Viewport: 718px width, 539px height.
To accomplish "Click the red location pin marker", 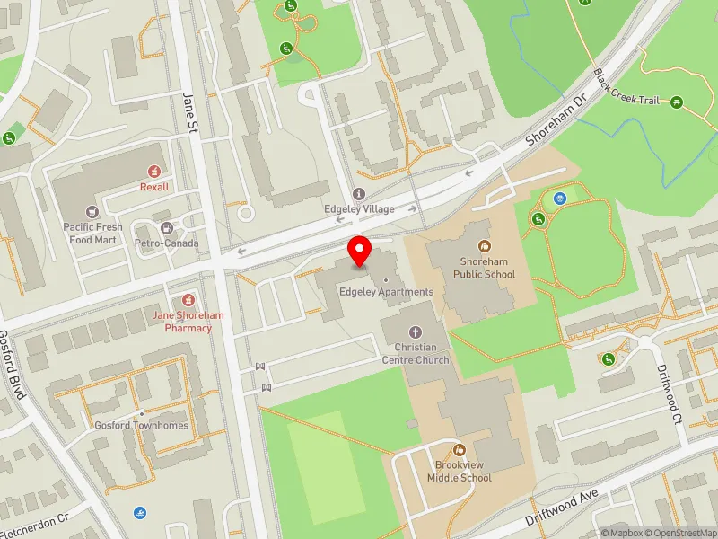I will click(x=360, y=252).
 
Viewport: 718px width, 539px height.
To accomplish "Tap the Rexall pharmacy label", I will click(x=153, y=187).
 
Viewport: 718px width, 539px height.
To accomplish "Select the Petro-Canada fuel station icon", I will click(x=167, y=227).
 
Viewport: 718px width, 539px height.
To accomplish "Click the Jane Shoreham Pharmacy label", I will click(x=188, y=322).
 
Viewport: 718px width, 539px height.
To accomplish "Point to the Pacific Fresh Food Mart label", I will click(x=92, y=234).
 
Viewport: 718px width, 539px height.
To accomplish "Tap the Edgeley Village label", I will click(x=359, y=208).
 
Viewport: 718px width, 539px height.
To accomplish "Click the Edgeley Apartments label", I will click(x=387, y=292).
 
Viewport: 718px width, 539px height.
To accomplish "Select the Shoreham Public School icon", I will click(x=485, y=244).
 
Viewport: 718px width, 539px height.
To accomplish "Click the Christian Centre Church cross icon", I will click(x=416, y=331).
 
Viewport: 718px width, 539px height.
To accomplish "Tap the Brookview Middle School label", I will click(x=463, y=472).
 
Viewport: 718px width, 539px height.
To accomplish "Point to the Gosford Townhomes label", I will click(x=142, y=425).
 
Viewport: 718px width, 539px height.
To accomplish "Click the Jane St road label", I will click(x=188, y=112).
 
